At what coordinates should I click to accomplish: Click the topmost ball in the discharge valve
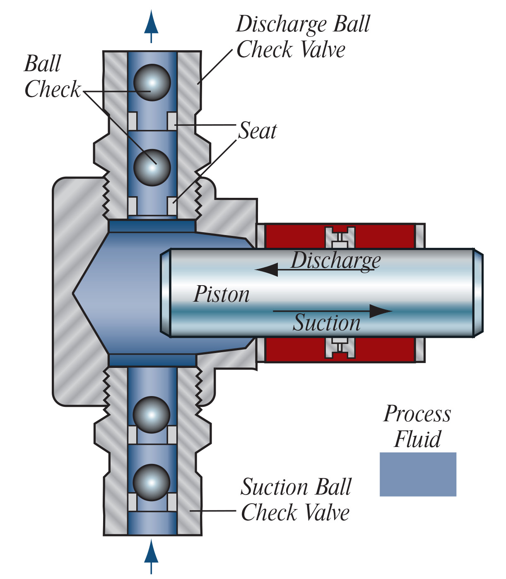tap(152, 82)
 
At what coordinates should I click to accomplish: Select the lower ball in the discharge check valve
tap(152, 167)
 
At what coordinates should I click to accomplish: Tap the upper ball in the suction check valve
tap(152, 415)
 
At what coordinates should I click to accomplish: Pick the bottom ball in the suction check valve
tap(152, 483)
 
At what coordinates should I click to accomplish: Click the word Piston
tap(222, 294)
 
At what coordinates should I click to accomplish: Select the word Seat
tap(258, 131)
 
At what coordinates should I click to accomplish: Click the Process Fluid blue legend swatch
tap(418, 474)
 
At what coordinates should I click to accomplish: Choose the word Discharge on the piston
tap(335, 260)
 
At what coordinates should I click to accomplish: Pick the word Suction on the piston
tap(327, 323)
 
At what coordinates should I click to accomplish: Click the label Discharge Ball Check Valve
tap(303, 36)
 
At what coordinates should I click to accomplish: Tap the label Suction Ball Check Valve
tap(296, 500)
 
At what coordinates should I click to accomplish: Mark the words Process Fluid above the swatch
tap(417, 426)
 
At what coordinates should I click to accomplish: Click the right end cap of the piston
tap(478, 293)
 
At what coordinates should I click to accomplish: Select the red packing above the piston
tap(294, 236)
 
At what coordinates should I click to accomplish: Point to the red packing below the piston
tap(294, 350)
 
